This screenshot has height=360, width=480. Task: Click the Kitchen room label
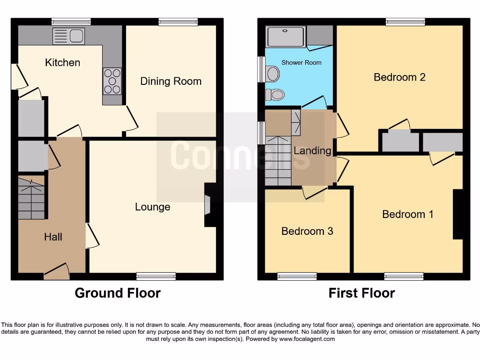click(62, 62)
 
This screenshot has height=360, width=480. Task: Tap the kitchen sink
click(68, 36)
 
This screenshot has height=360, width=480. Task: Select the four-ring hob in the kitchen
click(112, 81)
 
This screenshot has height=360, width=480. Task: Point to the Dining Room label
click(171, 81)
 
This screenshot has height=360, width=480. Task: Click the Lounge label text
click(152, 207)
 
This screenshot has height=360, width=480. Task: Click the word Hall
click(53, 237)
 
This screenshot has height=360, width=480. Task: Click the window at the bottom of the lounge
click(156, 276)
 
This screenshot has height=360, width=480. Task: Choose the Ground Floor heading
click(118, 293)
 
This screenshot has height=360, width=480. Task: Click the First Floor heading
click(361, 293)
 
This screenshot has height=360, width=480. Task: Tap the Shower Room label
click(301, 62)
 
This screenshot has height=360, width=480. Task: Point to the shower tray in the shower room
click(285, 37)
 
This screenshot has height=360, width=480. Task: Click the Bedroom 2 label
click(399, 77)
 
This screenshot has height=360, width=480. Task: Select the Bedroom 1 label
click(407, 214)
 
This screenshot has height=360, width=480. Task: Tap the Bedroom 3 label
click(307, 231)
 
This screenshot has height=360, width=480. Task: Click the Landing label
click(312, 150)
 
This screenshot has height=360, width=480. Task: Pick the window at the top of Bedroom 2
click(405, 22)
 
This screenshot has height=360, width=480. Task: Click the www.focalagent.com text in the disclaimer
click(307, 339)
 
